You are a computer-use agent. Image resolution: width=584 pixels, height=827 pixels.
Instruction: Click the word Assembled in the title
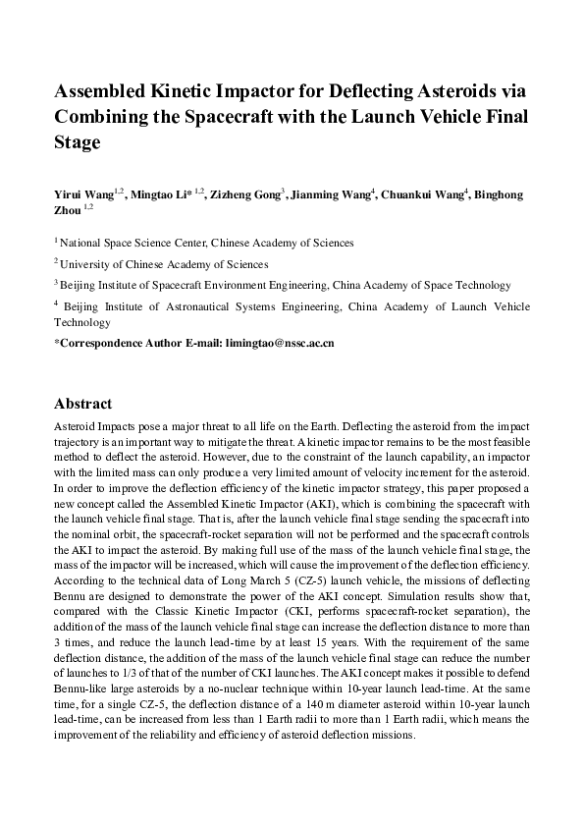tap(103, 91)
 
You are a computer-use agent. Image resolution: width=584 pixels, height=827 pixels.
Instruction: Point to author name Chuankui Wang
tap(428, 194)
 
